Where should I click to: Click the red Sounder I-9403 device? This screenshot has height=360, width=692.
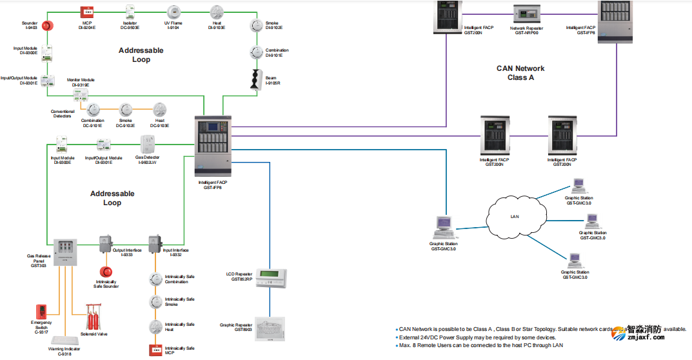48,25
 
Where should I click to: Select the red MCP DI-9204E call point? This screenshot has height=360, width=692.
87,12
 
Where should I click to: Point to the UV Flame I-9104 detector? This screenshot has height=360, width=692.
173,12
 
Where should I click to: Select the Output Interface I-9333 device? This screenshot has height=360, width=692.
105,243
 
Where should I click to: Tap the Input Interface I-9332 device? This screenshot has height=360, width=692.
155,243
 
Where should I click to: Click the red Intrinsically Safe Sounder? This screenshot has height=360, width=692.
106,272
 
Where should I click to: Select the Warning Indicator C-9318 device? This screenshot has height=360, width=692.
64,341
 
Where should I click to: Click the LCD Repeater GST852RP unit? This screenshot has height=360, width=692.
270,278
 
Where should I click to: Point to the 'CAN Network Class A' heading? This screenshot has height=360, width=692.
520,73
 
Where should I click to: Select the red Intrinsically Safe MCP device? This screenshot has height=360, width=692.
155,350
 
